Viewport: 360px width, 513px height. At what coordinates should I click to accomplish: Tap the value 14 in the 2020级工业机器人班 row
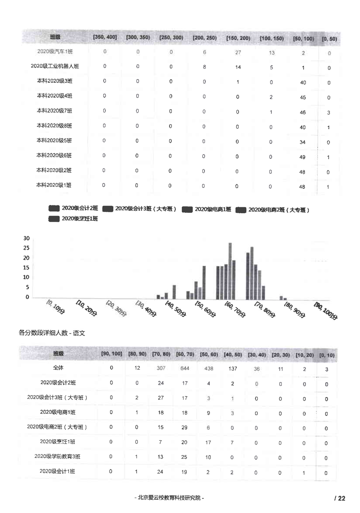pyautogui.click(x=238, y=67)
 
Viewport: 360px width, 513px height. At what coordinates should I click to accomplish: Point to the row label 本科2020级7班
pyautogui.click(x=55, y=111)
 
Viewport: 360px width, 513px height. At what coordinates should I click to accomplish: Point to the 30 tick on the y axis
pyautogui.click(x=26, y=238)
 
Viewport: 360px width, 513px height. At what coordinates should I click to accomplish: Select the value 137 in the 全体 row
pyautogui.click(x=232, y=368)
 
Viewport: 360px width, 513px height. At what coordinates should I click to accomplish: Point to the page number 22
pyautogui.click(x=341, y=498)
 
